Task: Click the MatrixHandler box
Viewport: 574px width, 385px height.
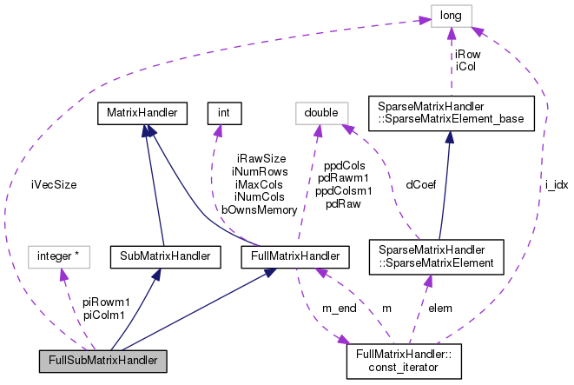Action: [142, 113]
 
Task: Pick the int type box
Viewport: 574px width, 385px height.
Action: [223, 113]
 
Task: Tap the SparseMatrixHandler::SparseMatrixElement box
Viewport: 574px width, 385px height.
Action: [431, 256]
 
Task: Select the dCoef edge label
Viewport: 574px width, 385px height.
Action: [421, 183]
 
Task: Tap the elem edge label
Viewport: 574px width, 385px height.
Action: [440, 307]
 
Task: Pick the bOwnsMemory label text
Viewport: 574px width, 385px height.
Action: [258, 209]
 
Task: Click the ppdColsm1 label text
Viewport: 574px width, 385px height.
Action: [344, 189]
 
